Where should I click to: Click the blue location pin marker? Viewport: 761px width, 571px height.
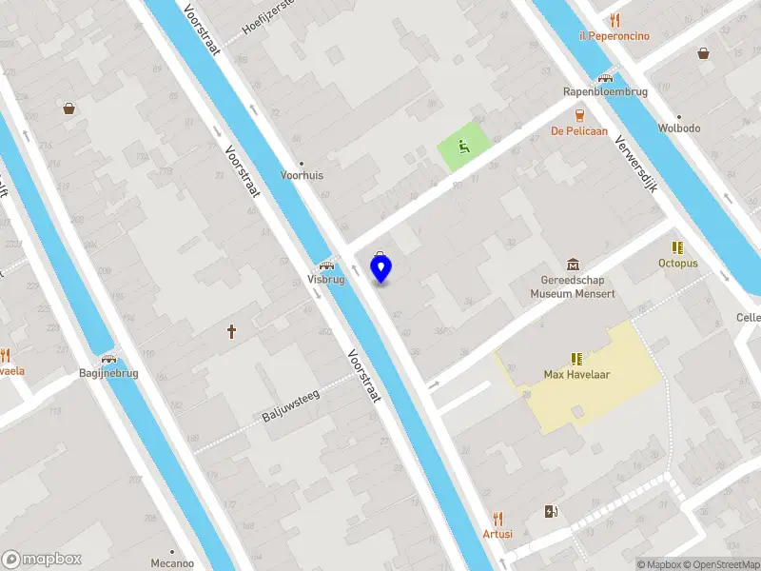pos(380,269)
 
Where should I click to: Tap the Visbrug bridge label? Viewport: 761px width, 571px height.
pos(325,280)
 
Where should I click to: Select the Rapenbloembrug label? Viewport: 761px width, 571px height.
pos(604,92)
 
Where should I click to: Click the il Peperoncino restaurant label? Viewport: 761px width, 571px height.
pos(614,36)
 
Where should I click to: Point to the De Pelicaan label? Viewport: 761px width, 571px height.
pos(579,130)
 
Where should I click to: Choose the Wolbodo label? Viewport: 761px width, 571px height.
pos(679,128)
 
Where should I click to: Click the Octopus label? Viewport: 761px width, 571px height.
pos(677,263)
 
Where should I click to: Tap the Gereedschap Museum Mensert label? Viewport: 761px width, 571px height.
pos(573,287)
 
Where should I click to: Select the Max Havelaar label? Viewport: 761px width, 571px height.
pos(576,374)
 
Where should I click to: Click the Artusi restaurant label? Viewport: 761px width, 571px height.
pos(497,534)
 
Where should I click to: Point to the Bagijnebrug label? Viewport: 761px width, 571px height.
pos(108,373)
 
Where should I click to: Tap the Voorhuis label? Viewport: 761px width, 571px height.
pos(302,175)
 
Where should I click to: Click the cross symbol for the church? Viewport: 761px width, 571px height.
pos(231,332)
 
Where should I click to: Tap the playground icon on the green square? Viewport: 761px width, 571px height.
pos(464,146)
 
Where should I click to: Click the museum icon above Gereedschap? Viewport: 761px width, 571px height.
pos(573,264)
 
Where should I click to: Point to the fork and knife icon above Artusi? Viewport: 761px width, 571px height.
pos(497,520)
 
